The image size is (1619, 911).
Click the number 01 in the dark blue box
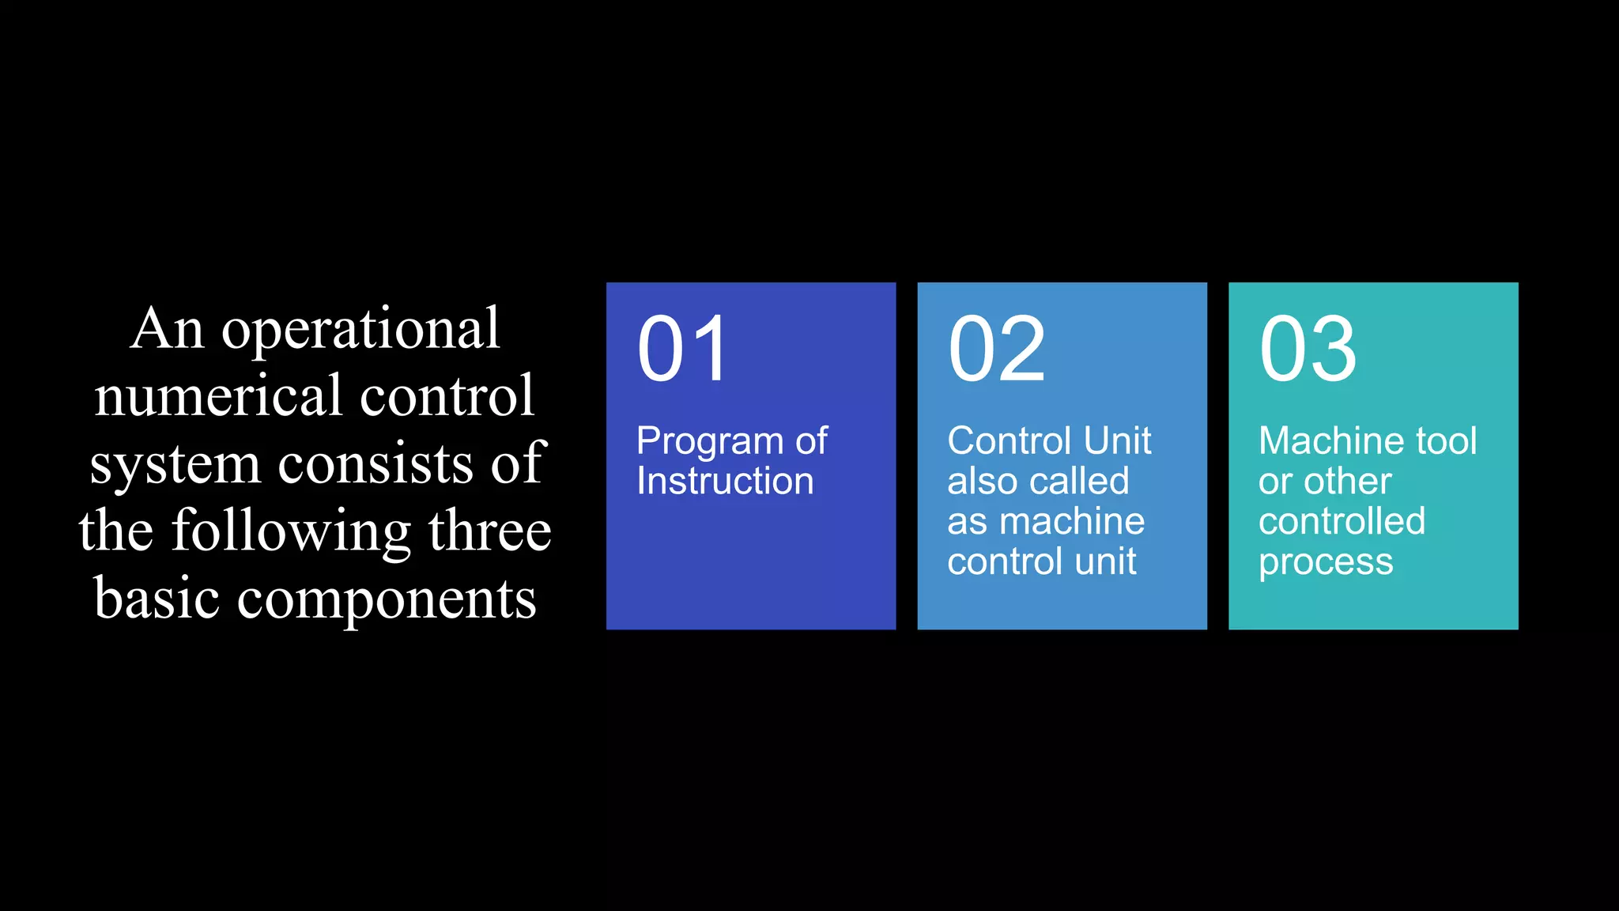pyautogui.click(x=682, y=349)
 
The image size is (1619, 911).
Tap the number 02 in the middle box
pyautogui.click(x=996, y=349)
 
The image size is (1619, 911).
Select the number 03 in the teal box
pyautogui.click(x=1308, y=349)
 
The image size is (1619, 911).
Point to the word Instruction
pyautogui.click(x=725, y=481)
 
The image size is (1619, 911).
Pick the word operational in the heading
pyautogui.click(x=360, y=328)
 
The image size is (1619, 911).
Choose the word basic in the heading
pyautogui.click(x=157, y=598)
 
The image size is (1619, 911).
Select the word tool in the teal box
pyautogui.click(x=1446, y=440)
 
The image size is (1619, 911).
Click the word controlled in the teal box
pyautogui.click(x=1342, y=521)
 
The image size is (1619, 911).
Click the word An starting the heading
pyautogui.click(x=168, y=328)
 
